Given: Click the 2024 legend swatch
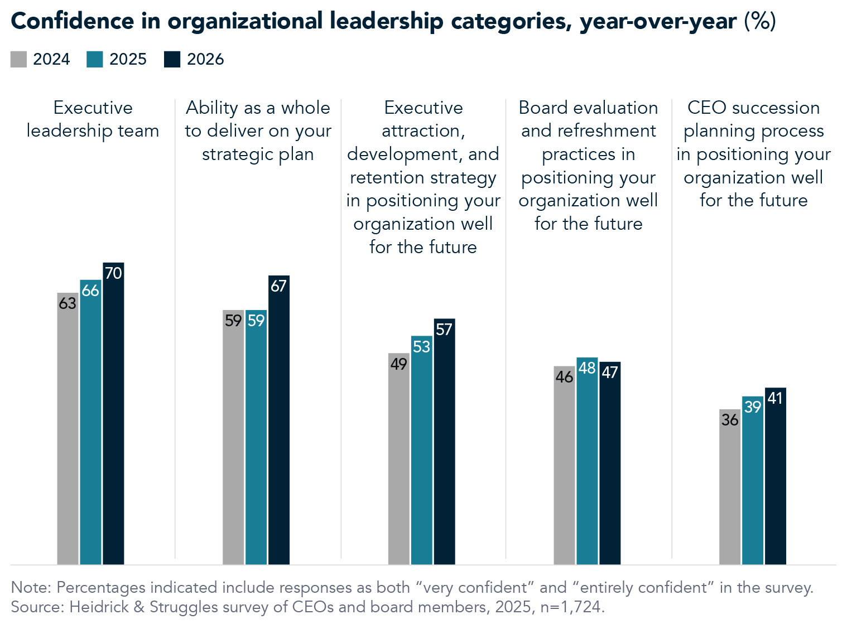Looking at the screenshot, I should point(18,60).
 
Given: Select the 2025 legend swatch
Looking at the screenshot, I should point(95,60).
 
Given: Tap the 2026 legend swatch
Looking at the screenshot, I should point(172,60).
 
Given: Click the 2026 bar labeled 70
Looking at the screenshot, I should point(113,418).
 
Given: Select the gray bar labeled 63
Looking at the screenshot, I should point(68,435).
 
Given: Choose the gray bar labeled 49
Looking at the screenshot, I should point(398,463).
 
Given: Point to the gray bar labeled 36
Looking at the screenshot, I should point(729,491).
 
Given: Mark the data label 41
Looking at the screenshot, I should point(775,398).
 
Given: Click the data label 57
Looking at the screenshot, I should point(444,330).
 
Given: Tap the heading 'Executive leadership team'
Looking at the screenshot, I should point(93,119).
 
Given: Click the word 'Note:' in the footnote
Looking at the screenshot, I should point(31,588).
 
